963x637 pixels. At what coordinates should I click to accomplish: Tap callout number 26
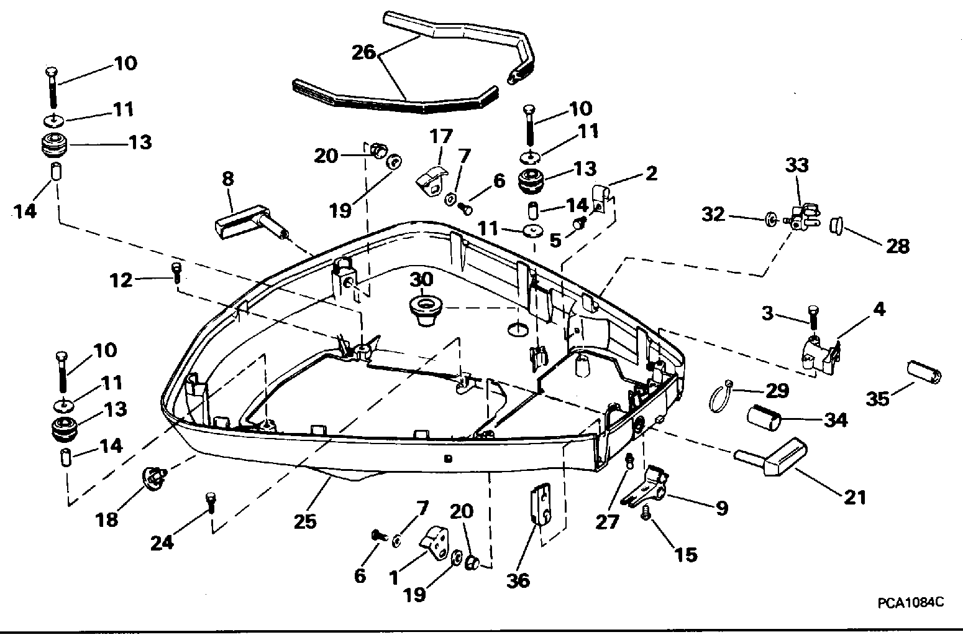tap(363, 53)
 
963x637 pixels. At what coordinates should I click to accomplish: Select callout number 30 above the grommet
tap(421, 280)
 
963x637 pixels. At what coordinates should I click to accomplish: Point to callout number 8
tap(228, 179)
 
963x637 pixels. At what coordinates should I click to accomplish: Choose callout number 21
tap(855, 498)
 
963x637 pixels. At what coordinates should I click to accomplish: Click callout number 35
tap(877, 399)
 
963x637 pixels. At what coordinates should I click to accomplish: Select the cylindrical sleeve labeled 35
tap(924, 373)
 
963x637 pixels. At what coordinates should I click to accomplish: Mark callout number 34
tap(836, 420)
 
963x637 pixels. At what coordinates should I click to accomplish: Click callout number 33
tap(797, 165)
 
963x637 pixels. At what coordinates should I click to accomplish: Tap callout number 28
tap(898, 246)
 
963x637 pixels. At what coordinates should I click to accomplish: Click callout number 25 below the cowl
tap(305, 522)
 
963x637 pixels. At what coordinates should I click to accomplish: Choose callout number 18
tap(106, 519)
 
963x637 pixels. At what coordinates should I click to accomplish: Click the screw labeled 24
tap(210, 503)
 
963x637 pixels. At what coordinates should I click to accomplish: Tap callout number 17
tap(441, 136)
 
